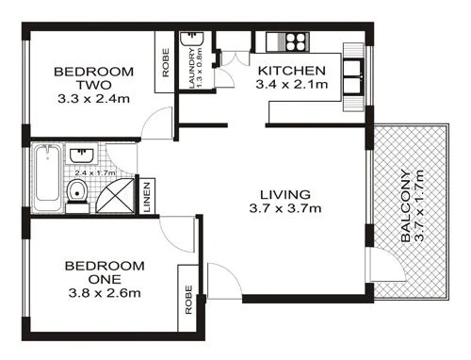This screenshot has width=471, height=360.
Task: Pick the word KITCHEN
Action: point(292,71)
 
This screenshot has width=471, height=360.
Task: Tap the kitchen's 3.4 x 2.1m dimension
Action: point(292,86)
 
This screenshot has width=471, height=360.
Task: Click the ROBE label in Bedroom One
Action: point(189,300)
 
